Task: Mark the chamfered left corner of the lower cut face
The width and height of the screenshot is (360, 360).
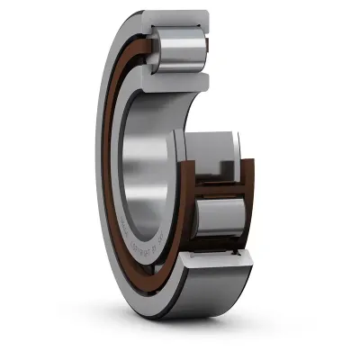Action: (x=184, y=262)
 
